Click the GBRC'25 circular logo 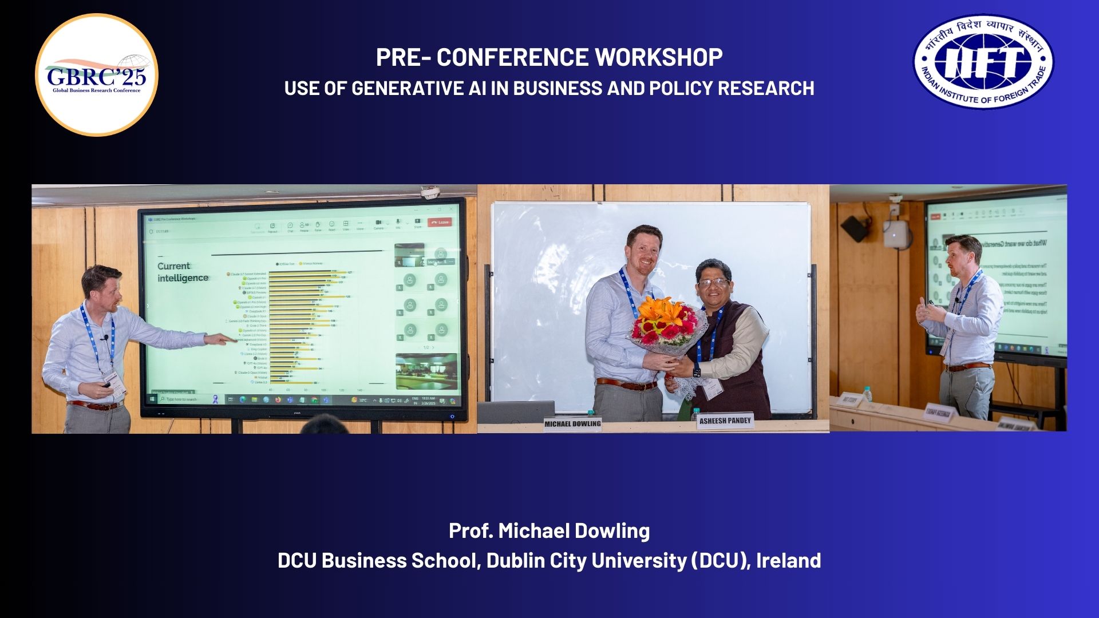(x=97, y=75)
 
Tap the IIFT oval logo (x=983, y=62)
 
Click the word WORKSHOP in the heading (x=658, y=57)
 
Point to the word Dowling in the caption (x=611, y=531)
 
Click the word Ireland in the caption (x=788, y=560)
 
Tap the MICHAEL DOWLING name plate (x=572, y=424)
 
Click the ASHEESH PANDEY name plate (x=725, y=421)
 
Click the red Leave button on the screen (x=440, y=222)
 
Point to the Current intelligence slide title (x=183, y=272)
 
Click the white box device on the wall (x=895, y=234)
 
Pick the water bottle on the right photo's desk (x=867, y=394)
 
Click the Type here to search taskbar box (x=182, y=399)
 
